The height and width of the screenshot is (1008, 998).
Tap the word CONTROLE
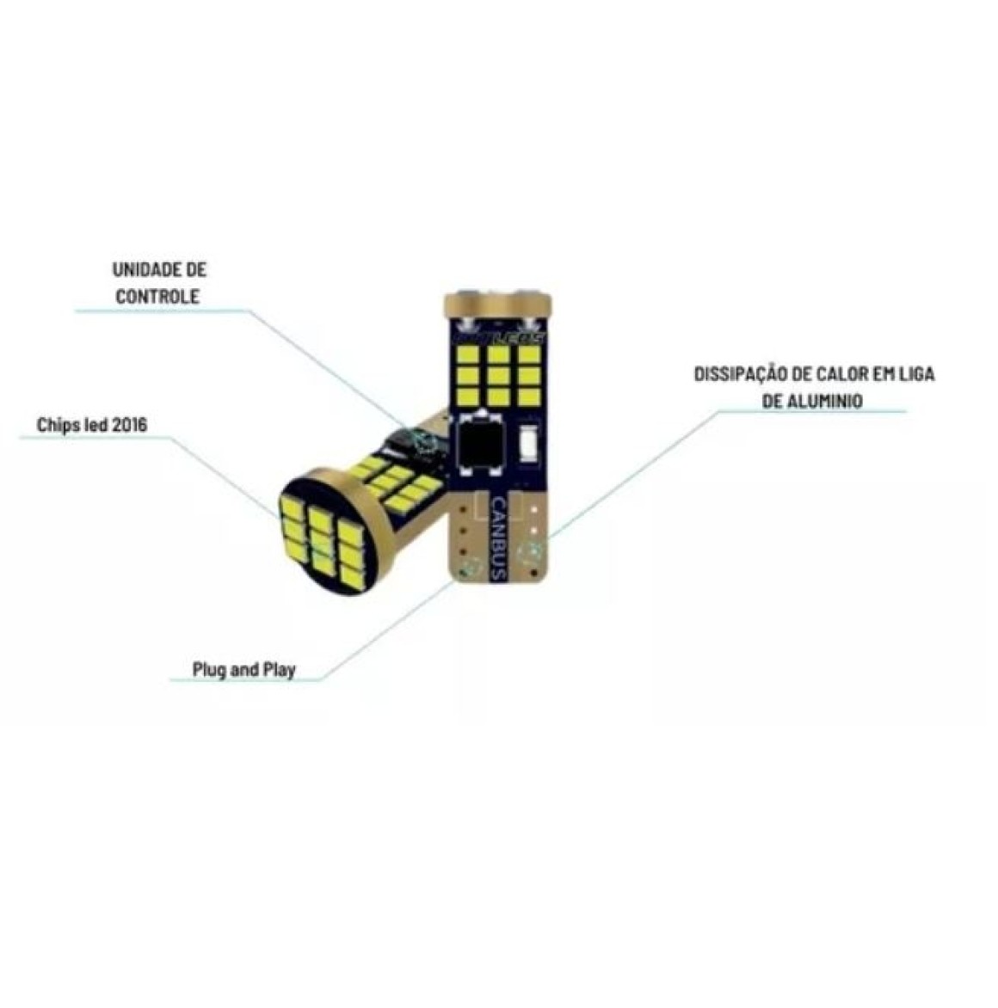coord(159,296)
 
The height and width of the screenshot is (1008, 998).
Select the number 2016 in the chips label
coord(129,425)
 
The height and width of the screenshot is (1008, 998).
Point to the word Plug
coord(209,669)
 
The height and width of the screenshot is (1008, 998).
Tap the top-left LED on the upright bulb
coord(470,353)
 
